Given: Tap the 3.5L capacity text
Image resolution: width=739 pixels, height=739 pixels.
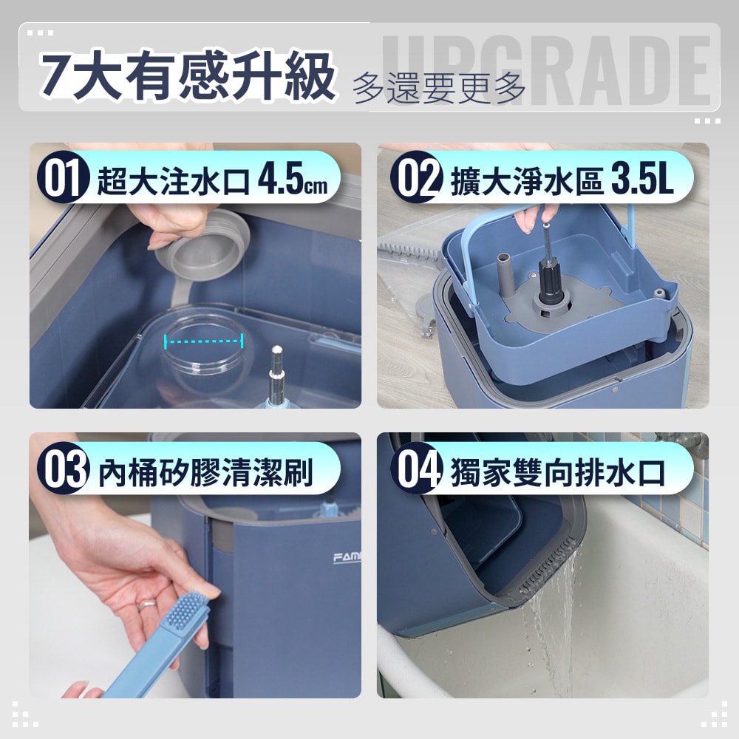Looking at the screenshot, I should (x=642, y=183).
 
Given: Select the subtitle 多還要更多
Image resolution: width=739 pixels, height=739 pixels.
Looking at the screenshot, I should (x=439, y=87).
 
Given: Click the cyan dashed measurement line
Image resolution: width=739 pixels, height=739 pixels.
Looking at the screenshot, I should (x=204, y=341).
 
